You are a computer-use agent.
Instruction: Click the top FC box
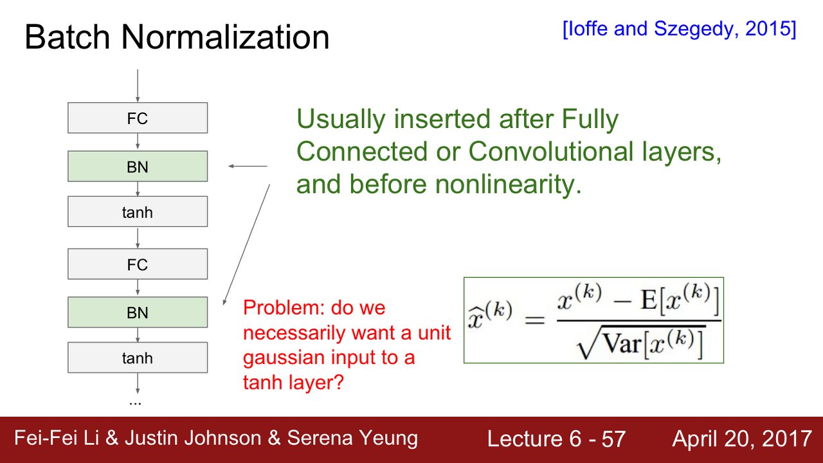pos(138,118)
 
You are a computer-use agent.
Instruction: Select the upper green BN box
pos(138,166)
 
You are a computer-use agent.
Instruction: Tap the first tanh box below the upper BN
pos(138,212)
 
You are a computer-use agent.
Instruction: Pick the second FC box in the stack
pos(138,264)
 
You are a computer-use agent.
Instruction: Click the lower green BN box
pos(138,312)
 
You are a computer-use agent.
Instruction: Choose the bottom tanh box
pos(138,358)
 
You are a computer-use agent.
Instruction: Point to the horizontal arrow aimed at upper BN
pos(248,166)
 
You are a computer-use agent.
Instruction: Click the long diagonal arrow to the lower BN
pos(246,245)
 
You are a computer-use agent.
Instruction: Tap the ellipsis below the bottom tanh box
pos(135,403)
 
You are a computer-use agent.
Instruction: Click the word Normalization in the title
pos(225,37)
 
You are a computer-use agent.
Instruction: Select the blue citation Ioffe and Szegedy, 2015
pos(680,29)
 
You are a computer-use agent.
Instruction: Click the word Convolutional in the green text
pos(551,151)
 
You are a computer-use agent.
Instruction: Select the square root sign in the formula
pos(588,343)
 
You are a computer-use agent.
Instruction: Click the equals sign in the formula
pos(534,320)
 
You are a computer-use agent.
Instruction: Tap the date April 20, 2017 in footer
pos(742,439)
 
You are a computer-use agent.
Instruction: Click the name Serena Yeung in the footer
pos(352,439)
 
